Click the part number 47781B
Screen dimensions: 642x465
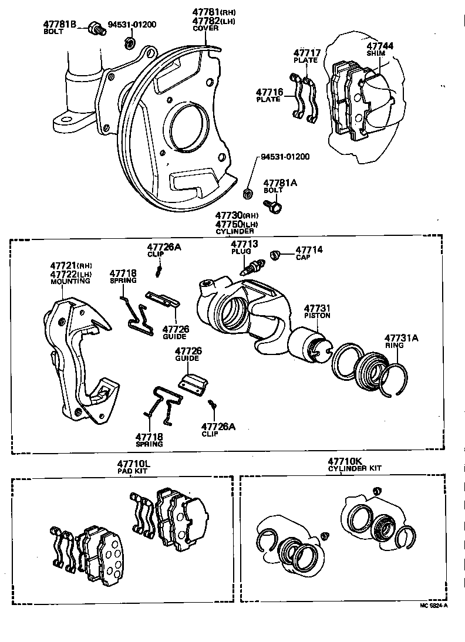coord(60,24)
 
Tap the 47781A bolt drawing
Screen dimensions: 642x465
coord(273,205)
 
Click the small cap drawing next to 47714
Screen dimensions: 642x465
coord(273,254)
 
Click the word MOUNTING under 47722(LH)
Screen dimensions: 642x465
coord(71,281)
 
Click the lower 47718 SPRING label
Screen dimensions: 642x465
coord(149,440)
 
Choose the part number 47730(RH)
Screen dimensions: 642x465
coord(237,216)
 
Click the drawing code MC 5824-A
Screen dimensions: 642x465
coord(433,606)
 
